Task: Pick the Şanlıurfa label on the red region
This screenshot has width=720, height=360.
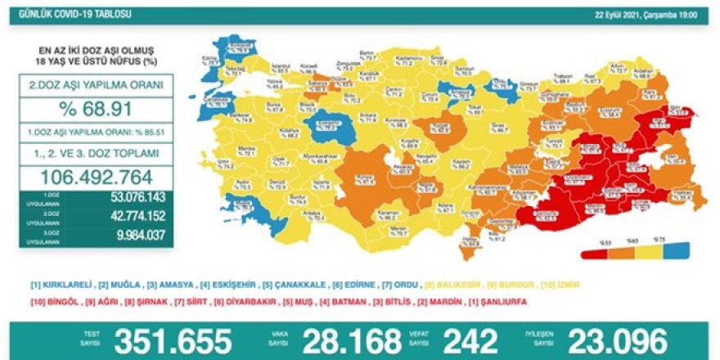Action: [x=541, y=214]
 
